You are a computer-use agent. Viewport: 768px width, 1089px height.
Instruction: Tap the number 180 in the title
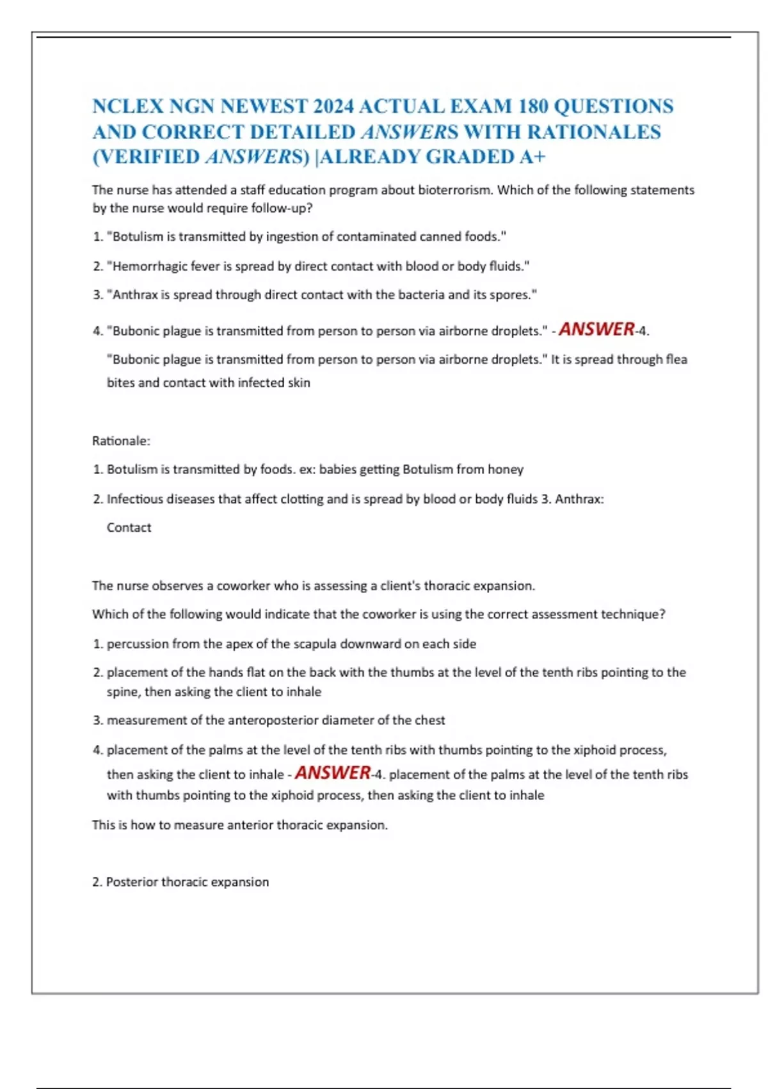[532, 106]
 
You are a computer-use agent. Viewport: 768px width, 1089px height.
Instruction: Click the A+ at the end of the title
[532, 157]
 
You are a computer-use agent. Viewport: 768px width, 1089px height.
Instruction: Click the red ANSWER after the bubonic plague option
[596, 329]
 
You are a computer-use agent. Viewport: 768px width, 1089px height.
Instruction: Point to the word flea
[676, 360]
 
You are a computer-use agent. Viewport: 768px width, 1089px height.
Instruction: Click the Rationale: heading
[121, 441]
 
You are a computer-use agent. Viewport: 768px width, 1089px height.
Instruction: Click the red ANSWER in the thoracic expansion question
[333, 773]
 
